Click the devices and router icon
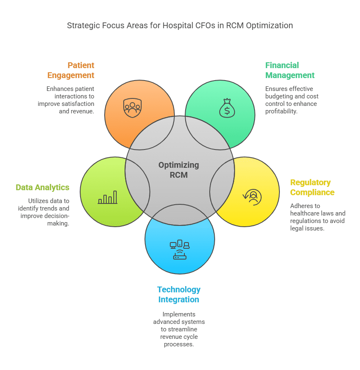[x=180, y=250]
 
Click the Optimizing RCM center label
[x=179, y=170]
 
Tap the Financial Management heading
[x=290, y=70]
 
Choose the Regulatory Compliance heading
[x=312, y=187]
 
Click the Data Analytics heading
[x=42, y=187]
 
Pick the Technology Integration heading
[x=179, y=294]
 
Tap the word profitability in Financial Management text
[x=282, y=111]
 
